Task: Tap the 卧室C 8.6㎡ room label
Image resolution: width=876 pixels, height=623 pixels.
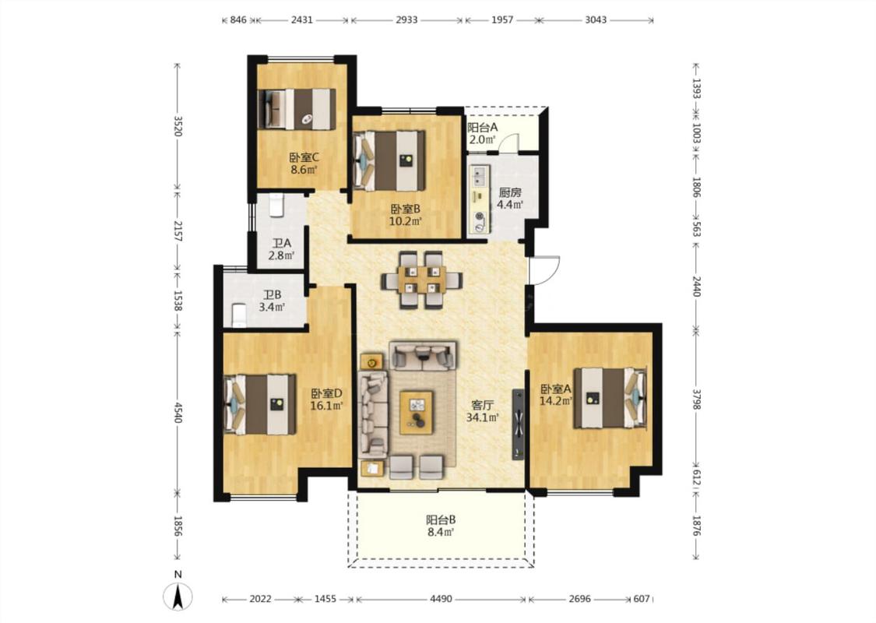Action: click(x=304, y=164)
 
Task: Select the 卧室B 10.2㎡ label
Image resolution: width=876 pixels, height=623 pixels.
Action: click(x=405, y=215)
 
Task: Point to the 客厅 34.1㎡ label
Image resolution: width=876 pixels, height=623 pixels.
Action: click(x=482, y=410)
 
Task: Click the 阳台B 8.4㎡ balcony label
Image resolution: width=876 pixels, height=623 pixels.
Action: click(x=441, y=526)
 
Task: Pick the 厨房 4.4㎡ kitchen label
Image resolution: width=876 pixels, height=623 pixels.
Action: click(x=510, y=199)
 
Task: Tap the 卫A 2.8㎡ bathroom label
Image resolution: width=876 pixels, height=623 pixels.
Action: click(x=281, y=250)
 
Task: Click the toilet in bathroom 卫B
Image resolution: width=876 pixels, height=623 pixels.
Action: click(x=238, y=315)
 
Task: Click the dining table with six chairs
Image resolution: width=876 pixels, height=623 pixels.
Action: click(x=422, y=280)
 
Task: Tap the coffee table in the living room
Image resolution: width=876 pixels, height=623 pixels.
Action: click(x=417, y=411)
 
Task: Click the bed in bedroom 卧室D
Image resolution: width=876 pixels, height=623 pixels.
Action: click(x=260, y=404)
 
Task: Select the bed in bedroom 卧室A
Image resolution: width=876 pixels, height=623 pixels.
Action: click(x=610, y=398)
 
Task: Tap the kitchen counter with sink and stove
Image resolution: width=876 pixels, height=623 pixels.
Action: click(x=480, y=199)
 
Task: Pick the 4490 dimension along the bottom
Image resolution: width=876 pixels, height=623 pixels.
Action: click(x=441, y=599)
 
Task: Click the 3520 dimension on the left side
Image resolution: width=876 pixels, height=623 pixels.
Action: click(x=178, y=125)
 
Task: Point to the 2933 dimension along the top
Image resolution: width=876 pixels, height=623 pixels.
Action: click(x=406, y=19)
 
